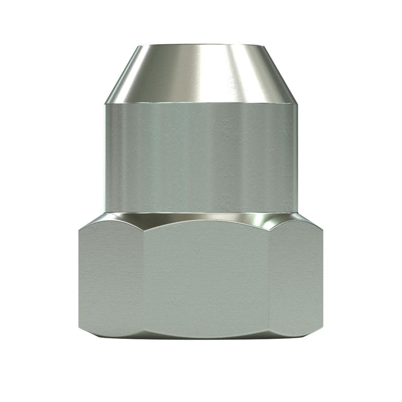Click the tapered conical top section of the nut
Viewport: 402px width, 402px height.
(201, 74)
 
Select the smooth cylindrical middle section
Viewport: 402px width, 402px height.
(201, 158)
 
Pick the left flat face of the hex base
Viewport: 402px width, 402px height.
(111, 279)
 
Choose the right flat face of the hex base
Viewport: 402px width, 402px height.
(296, 279)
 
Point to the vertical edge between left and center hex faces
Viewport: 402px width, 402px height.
(143, 279)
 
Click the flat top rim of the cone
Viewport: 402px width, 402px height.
(201, 45)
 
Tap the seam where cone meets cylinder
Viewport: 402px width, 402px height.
(201, 103)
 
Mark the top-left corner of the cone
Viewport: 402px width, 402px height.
(140, 45)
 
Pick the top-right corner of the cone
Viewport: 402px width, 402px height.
(262, 45)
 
